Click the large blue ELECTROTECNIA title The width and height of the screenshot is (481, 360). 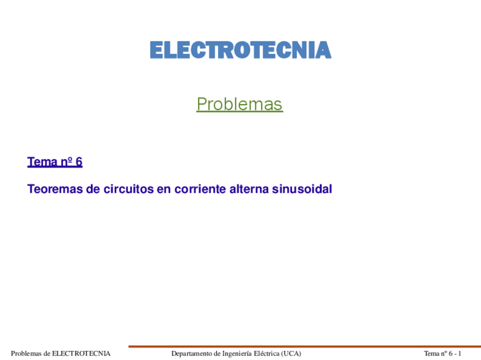point(240,50)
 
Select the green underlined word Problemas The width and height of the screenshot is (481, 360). point(239,104)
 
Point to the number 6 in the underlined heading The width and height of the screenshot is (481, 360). point(79,162)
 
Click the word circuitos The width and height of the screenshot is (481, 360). point(123,189)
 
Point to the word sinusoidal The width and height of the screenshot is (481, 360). point(302,189)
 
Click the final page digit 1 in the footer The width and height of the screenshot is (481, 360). point(460,354)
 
